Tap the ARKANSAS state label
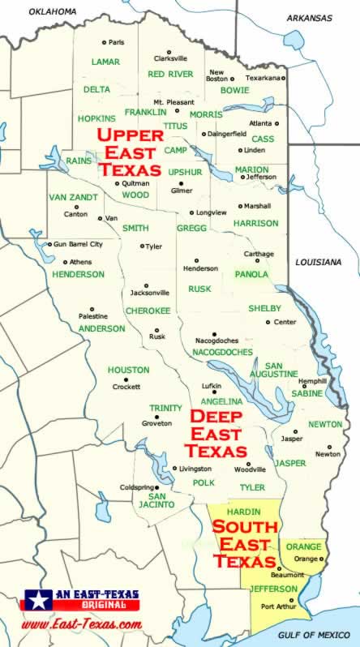(311, 17)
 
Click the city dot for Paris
(104, 42)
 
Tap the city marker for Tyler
(143, 246)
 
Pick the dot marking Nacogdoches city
(214, 333)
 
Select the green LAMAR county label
(105, 62)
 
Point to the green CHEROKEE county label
(148, 311)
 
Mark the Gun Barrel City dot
(49, 243)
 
